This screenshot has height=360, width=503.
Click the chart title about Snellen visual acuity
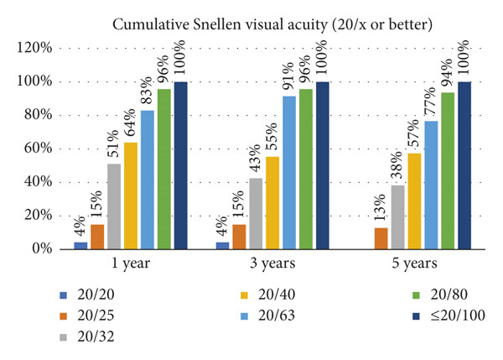tap(272, 24)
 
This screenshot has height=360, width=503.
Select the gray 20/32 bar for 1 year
tap(114, 206)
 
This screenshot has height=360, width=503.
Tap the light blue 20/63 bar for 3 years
tap(289, 173)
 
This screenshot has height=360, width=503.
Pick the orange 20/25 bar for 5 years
tap(381, 238)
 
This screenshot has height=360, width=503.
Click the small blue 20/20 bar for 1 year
tap(80, 245)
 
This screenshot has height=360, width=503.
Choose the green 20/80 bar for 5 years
tap(448, 170)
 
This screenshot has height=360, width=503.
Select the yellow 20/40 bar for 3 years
tap(272, 202)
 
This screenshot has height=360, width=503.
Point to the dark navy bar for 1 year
tap(181, 165)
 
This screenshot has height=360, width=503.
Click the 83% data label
tap(147, 91)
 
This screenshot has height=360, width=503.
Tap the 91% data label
tap(289, 76)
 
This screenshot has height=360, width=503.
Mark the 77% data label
tap(431, 101)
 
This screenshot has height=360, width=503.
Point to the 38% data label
tap(397, 164)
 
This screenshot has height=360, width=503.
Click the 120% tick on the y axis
tap(34, 48)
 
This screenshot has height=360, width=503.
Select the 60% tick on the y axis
tap(39, 149)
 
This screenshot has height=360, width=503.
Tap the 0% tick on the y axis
tap(42, 249)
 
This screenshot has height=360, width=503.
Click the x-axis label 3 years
tap(272, 263)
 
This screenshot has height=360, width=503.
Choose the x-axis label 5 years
tap(414, 263)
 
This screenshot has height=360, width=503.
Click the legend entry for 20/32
tap(87, 337)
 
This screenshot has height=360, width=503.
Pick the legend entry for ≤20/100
tap(449, 316)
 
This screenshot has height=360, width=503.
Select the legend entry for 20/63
tap(268, 316)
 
